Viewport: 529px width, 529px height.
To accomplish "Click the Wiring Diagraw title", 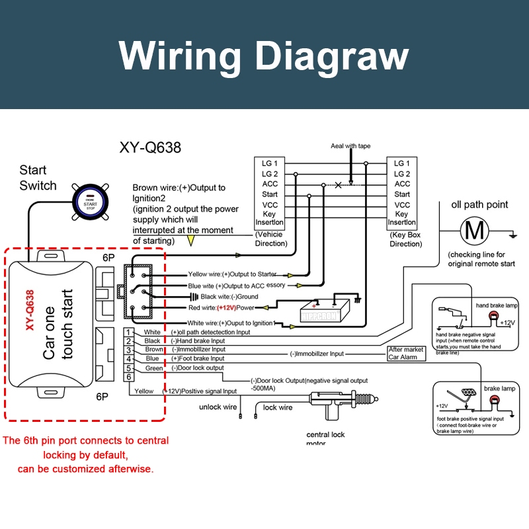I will pos(264,56).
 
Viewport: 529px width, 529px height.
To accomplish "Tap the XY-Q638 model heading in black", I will pos(150,147).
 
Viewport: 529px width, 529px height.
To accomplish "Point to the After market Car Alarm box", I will pos(406,353).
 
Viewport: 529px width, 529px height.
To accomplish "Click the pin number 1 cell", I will pos(130,332).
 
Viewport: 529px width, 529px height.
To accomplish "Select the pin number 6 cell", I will pos(130,377).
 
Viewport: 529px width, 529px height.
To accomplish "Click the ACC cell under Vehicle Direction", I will pos(270,184).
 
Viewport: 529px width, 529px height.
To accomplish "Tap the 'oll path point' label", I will pos(479,204).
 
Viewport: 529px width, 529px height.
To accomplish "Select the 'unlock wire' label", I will pos(218,407).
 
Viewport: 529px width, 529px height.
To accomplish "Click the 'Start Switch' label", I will pos(38,178).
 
